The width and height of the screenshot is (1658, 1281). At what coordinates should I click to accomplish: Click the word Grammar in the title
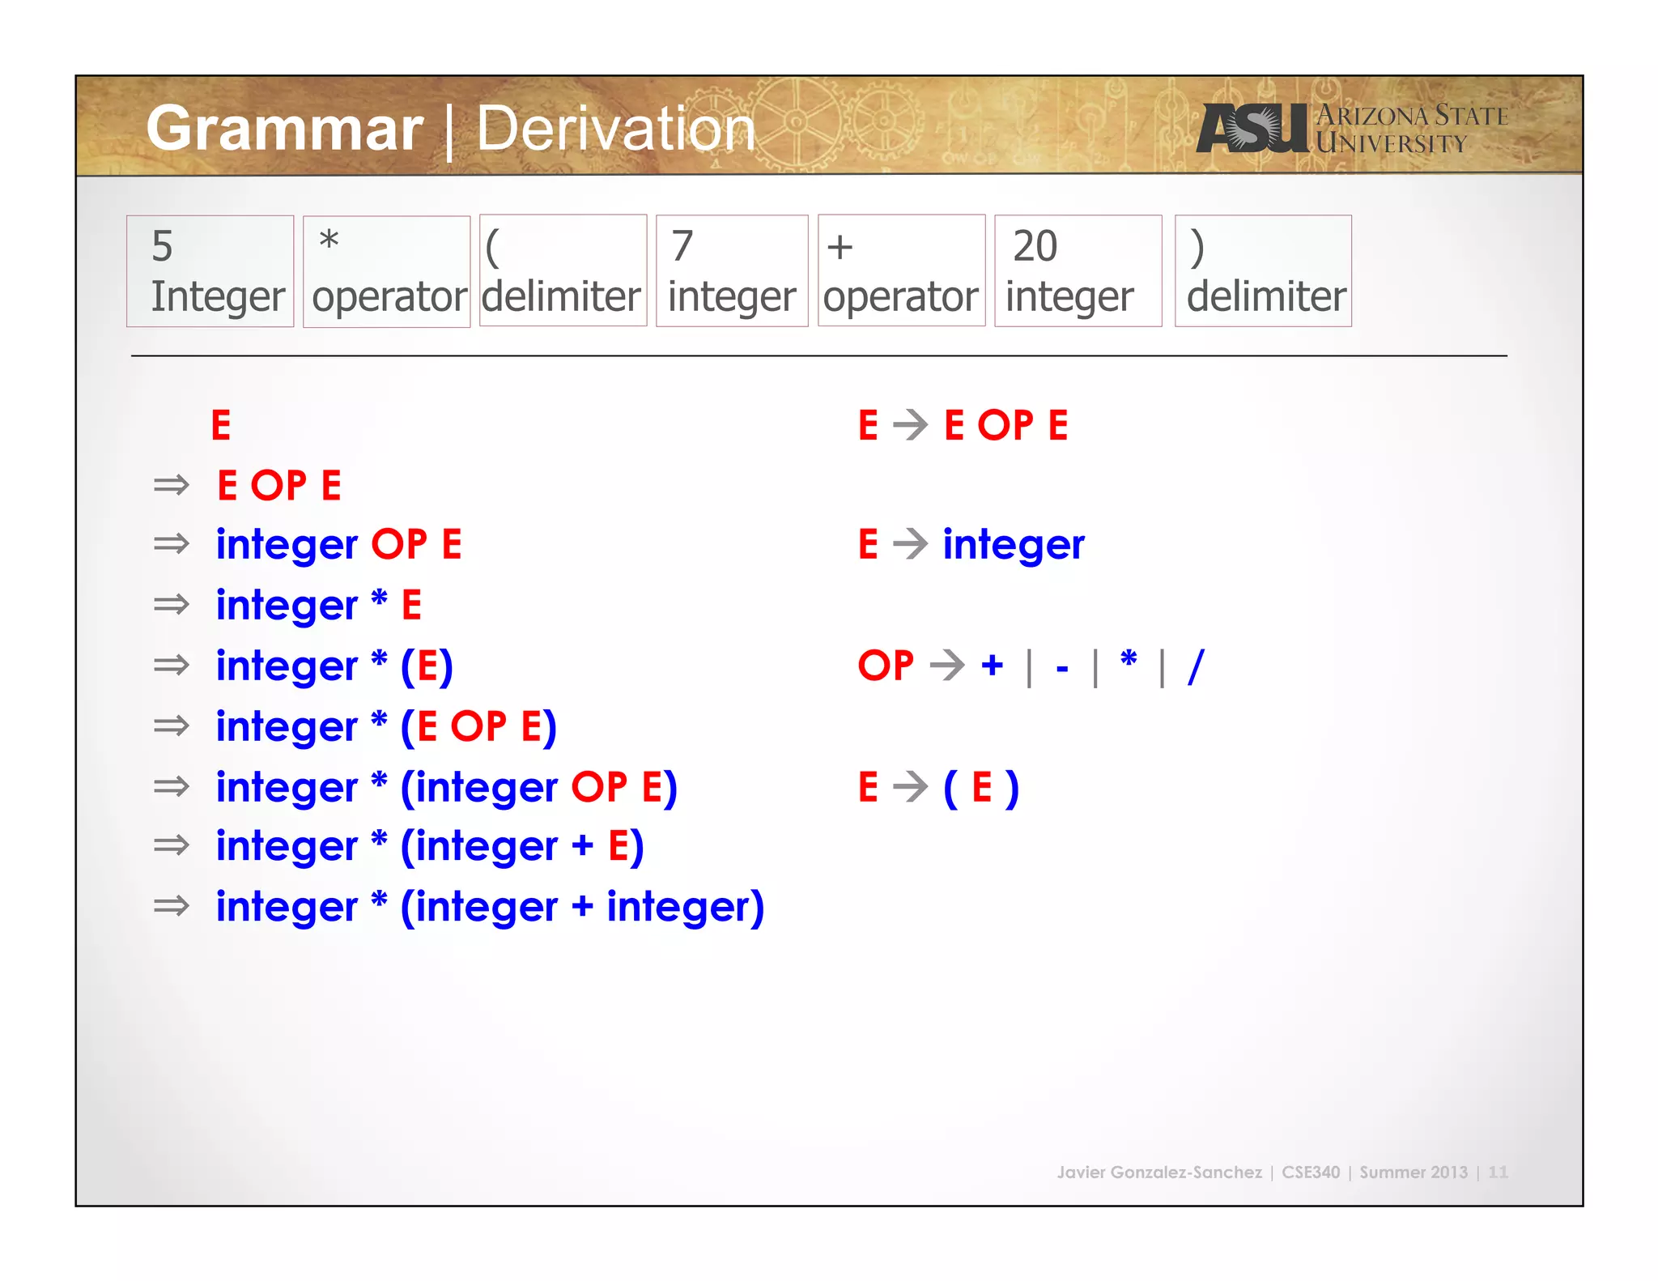[x=284, y=128]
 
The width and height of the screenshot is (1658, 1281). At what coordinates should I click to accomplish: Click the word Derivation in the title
[x=615, y=128]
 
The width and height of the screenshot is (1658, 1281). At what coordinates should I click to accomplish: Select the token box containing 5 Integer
[x=210, y=270]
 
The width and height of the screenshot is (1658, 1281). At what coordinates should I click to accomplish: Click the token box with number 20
[x=1078, y=270]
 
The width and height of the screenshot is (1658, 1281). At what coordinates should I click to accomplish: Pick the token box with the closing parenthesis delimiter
[x=1263, y=270]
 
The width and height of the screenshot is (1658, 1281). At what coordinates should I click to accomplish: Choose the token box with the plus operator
[x=901, y=270]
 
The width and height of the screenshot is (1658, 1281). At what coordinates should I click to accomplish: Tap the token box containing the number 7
[x=732, y=270]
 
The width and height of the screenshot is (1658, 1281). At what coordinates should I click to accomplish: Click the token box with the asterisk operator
[x=386, y=270]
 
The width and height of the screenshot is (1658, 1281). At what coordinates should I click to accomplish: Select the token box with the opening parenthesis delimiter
[x=563, y=270]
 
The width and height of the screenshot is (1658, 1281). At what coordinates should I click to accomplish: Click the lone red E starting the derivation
[x=221, y=425]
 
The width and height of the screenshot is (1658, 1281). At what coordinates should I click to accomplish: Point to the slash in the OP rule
[x=1196, y=666]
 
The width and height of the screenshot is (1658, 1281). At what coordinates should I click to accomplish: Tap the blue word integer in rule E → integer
[x=1013, y=544]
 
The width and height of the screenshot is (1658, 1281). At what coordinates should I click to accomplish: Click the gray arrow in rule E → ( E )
[x=911, y=786]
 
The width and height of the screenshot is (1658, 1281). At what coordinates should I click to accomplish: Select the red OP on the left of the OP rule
[x=886, y=666]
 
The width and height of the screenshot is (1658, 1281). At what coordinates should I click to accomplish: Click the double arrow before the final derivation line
[x=171, y=905]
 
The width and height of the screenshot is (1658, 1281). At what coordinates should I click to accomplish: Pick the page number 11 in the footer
[x=1498, y=1172]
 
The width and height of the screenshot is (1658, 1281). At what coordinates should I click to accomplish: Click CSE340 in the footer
[x=1310, y=1172]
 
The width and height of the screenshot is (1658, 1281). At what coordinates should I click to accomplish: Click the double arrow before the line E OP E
[x=171, y=485]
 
